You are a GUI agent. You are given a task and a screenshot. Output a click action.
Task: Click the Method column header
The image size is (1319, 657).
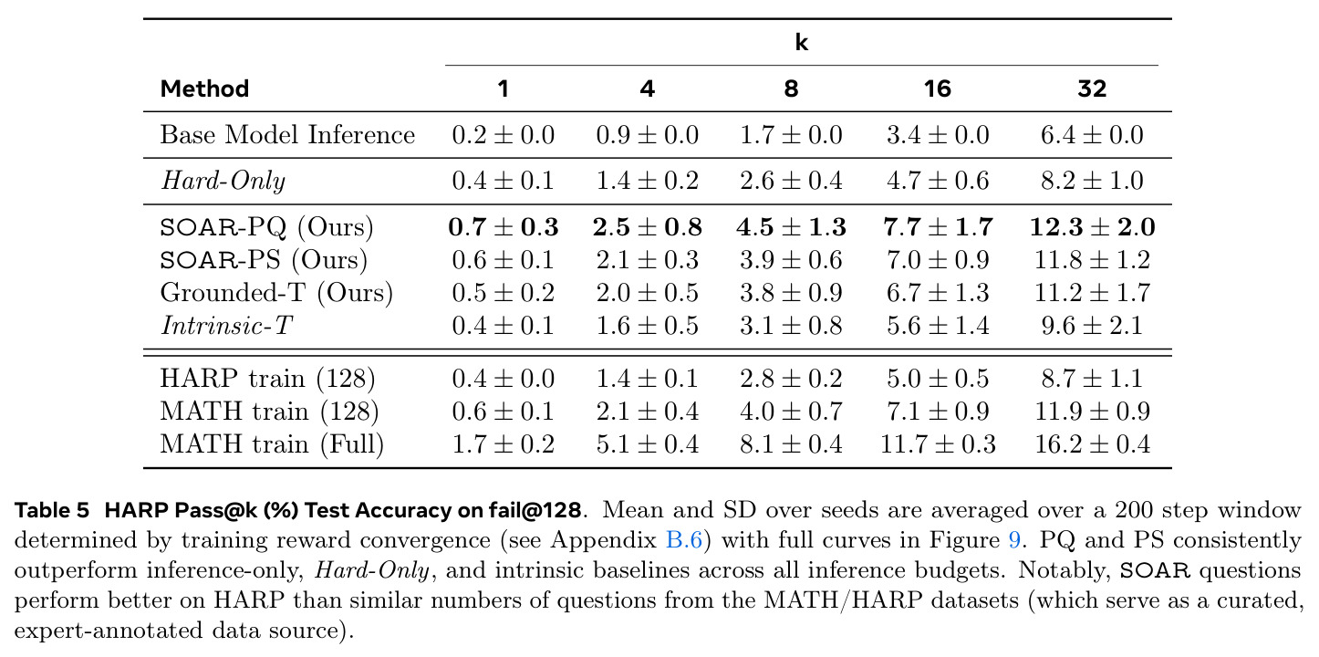pos(204,89)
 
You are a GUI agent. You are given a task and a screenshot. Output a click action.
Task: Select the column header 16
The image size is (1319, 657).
pos(938,89)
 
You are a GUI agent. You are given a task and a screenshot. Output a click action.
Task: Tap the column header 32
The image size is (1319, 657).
pos(1092,89)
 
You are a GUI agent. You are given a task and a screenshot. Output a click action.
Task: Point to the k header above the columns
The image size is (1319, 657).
pos(802,42)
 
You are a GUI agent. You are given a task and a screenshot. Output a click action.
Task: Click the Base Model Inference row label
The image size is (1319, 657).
pos(287,135)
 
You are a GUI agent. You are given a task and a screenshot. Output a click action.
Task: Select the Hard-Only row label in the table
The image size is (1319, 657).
pos(223,181)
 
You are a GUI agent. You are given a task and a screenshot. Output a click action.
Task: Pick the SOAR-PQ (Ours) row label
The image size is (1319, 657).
pos(266,227)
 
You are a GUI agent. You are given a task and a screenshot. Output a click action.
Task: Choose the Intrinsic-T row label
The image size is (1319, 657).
pos(226,325)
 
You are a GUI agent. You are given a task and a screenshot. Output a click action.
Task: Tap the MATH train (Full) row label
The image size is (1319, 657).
pos(272,443)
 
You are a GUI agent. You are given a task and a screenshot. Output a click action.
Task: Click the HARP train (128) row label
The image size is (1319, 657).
pos(267,378)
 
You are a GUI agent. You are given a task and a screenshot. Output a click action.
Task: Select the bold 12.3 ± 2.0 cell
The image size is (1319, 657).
pos(1092,227)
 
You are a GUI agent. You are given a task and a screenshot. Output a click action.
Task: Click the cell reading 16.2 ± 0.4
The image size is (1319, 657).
pos(1092,443)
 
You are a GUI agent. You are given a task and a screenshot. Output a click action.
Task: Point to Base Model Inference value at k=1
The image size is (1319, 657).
pos(503,135)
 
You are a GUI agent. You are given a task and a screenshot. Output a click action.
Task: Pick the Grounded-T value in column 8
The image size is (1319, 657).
pos(791,293)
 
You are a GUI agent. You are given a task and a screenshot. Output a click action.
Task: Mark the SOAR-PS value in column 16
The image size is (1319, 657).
pos(938,260)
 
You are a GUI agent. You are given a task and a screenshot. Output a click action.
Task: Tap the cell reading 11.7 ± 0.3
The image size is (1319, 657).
pos(938,443)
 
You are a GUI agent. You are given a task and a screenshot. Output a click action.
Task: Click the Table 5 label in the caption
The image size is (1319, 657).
pos(52,510)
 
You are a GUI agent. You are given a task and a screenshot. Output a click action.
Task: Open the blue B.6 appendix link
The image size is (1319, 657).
pos(683,539)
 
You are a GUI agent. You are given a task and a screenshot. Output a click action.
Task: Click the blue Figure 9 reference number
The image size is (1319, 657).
pos(1014,539)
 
